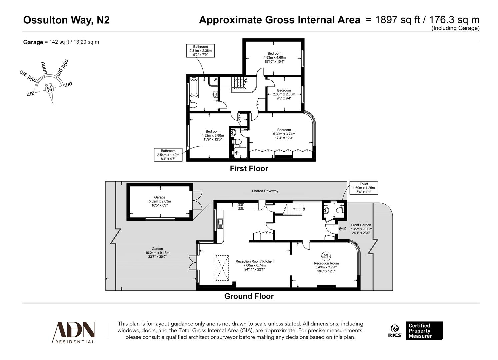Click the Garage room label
point(160,201)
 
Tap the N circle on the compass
point(50,89)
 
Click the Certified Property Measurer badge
point(424,331)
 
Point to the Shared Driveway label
point(265,191)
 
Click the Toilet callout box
point(364,188)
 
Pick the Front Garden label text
point(361,229)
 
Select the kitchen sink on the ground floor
point(220,223)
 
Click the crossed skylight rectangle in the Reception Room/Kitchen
point(222,268)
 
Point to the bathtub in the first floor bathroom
point(194,88)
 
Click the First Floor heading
point(249,169)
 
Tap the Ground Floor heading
point(249,296)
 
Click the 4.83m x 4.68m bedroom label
point(274,57)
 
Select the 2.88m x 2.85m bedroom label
point(284,94)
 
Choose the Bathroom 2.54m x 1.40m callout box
point(168,155)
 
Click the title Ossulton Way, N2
point(66,20)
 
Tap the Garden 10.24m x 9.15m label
point(157,253)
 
